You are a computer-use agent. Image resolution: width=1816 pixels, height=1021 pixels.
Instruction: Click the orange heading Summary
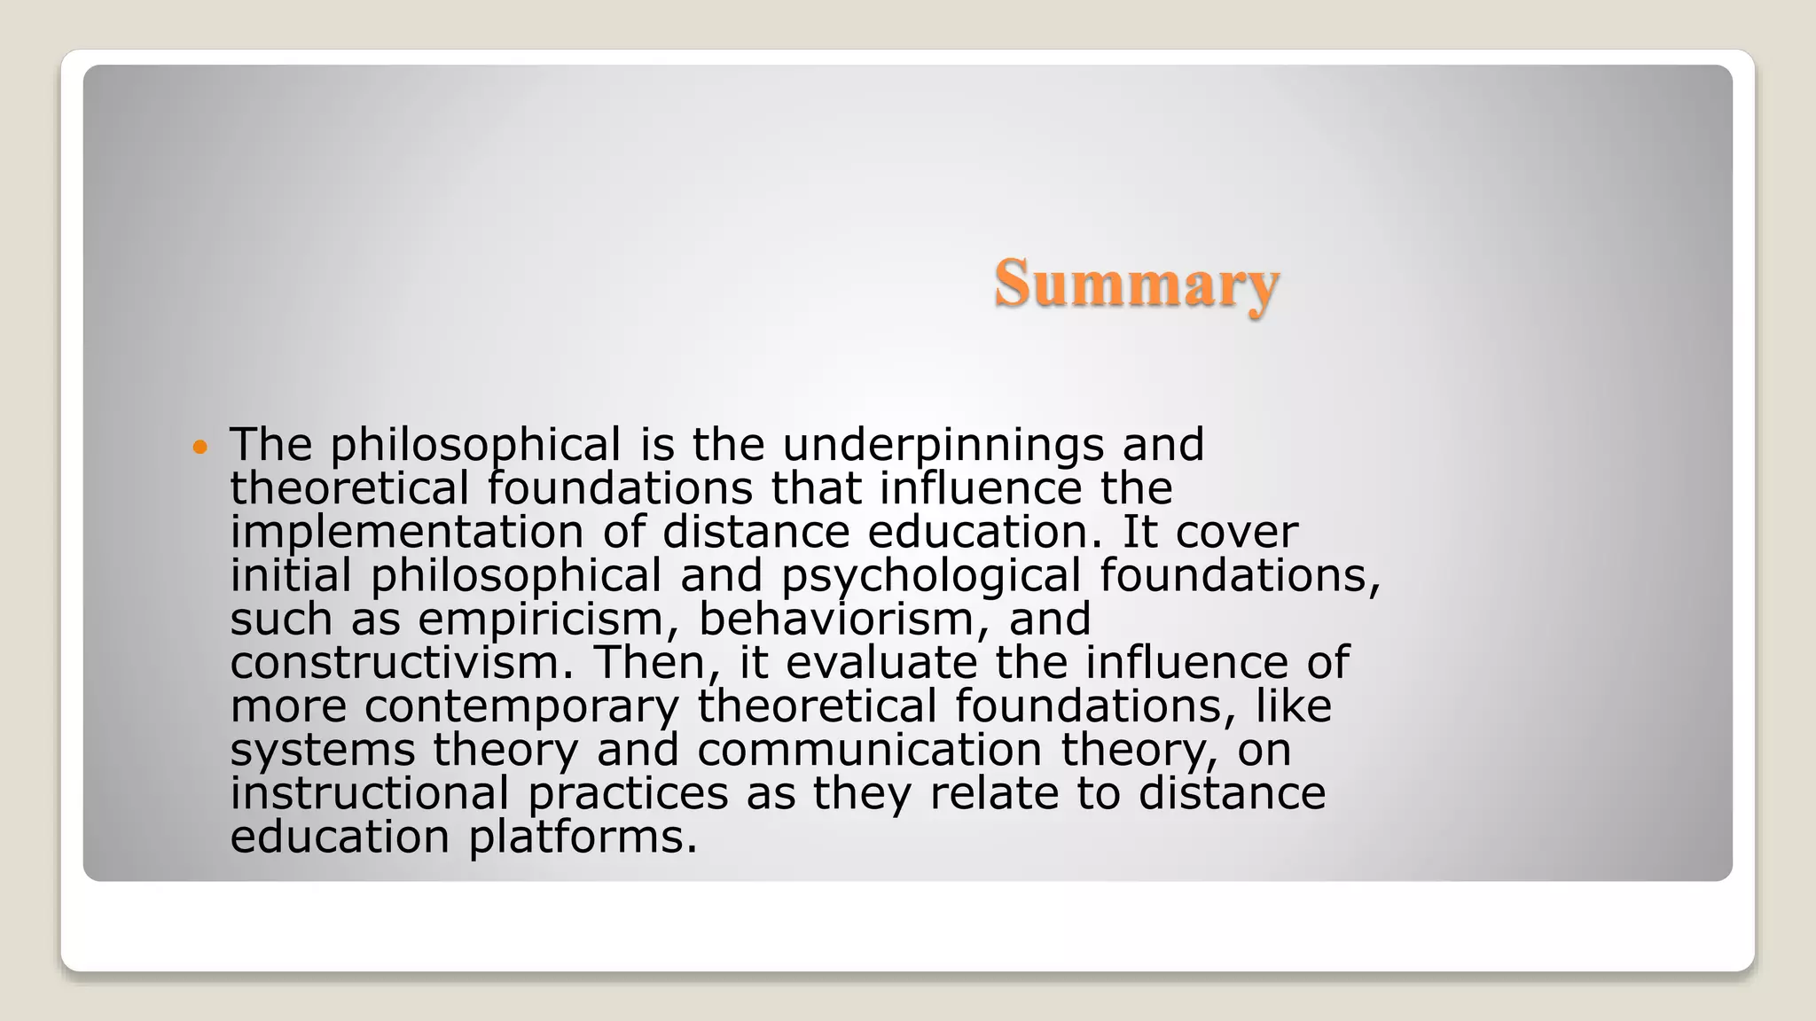[x=1136, y=284]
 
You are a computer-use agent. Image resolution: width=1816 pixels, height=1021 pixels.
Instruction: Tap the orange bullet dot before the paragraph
[x=200, y=446]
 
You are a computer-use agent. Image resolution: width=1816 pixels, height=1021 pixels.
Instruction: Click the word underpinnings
[x=943, y=445]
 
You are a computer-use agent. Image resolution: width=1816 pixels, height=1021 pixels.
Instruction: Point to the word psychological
[x=931, y=576]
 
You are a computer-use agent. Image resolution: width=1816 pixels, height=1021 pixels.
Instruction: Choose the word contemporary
[x=521, y=706]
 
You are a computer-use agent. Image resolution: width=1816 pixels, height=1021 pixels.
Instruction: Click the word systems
[x=323, y=750]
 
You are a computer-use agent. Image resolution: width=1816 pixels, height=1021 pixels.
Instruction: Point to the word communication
[x=869, y=750]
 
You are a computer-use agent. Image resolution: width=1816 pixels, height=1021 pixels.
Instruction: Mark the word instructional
[x=370, y=793]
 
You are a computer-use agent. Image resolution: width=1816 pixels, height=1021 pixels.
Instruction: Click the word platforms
[x=583, y=837]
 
